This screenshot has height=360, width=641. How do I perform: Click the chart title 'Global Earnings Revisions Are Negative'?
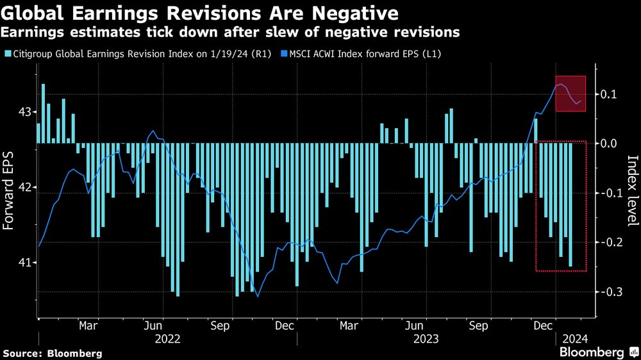pos(200,12)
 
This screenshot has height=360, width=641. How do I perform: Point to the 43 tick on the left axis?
pos(24,112)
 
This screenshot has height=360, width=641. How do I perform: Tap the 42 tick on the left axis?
pos(24,188)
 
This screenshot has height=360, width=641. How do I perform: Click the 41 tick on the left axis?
pos(24,263)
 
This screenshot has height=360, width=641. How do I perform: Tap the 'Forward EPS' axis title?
pos(9,187)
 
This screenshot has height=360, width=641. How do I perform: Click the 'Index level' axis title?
pos(631,191)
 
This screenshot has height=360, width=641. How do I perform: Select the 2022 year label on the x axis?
pos(167,339)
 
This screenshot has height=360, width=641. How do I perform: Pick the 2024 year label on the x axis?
pos(575,339)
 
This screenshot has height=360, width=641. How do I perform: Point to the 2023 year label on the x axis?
pos(426,339)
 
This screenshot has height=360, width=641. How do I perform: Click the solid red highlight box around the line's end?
pos(570,94)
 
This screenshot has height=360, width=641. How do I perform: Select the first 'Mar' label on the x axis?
pos(88,325)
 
